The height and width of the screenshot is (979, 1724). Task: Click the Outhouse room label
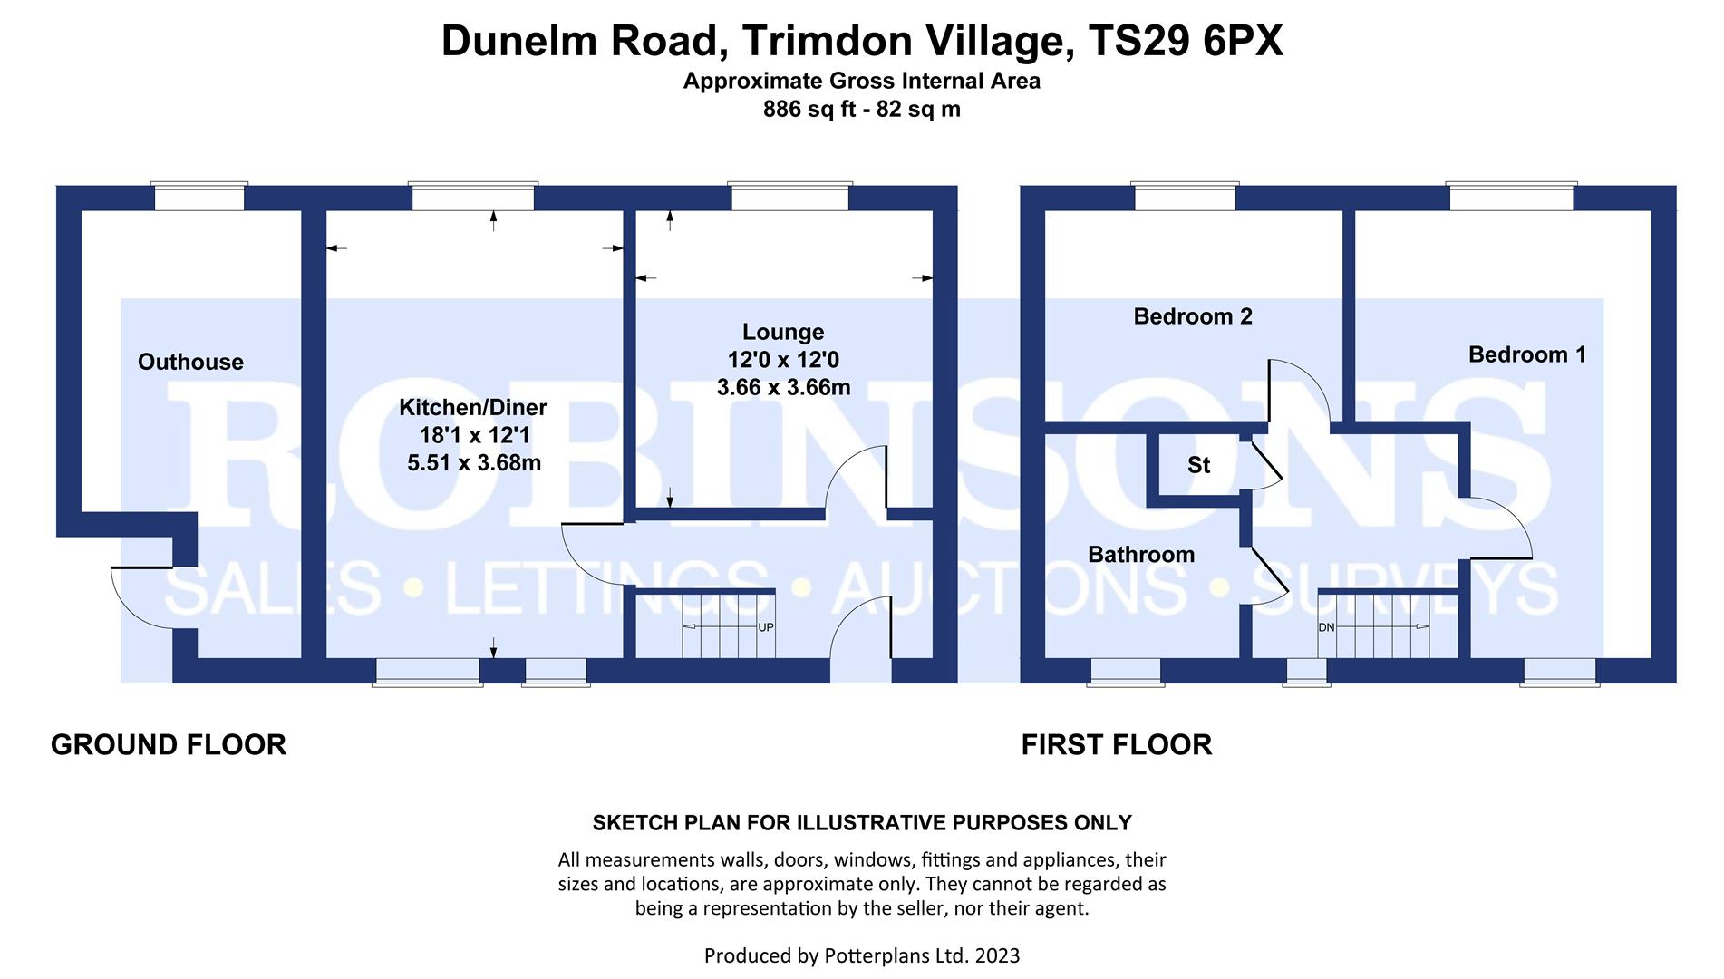(x=190, y=363)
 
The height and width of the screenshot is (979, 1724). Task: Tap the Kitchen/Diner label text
(x=473, y=408)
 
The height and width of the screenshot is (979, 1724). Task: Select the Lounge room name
(x=783, y=332)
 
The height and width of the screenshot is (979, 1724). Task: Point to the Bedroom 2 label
(x=1193, y=316)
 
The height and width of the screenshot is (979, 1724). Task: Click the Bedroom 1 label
(x=1527, y=354)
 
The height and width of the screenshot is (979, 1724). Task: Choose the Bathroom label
(x=1141, y=555)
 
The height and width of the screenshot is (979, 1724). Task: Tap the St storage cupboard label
(x=1198, y=466)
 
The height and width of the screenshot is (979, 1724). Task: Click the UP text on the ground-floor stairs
(x=766, y=627)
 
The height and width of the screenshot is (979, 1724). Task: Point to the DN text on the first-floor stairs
(x=1326, y=627)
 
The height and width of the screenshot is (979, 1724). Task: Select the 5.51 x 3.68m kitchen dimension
(x=474, y=463)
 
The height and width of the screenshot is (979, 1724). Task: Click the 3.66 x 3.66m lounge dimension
(x=783, y=388)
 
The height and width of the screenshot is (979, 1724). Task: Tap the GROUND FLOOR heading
(x=169, y=745)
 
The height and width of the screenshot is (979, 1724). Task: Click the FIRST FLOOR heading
(x=1116, y=745)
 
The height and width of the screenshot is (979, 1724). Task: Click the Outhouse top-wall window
(x=199, y=197)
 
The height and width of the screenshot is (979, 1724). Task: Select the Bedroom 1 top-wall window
(x=1511, y=197)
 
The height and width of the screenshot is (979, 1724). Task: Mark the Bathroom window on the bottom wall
(x=1125, y=672)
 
